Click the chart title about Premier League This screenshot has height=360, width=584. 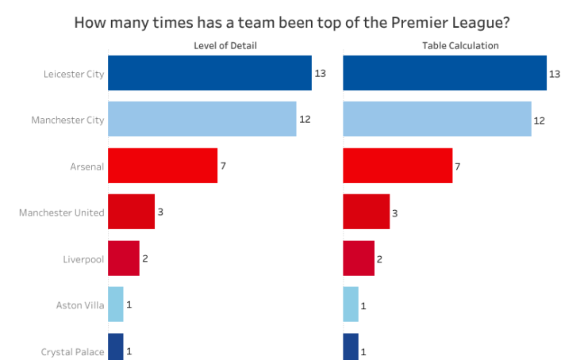(291, 21)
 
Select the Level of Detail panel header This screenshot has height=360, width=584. (225, 46)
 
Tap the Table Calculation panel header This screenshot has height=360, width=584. (460, 46)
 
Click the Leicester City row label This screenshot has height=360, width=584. (74, 74)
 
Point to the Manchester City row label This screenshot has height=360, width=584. (67, 120)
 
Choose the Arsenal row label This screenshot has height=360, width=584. (86, 167)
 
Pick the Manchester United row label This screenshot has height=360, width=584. (61, 213)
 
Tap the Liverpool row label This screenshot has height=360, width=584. (83, 259)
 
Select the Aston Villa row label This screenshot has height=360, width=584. (79, 305)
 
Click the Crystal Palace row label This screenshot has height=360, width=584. (72, 351)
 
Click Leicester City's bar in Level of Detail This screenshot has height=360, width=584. (209, 73)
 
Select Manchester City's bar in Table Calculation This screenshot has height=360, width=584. (437, 119)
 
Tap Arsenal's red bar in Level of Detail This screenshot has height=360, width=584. (163, 166)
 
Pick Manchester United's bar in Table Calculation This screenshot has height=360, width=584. (367, 212)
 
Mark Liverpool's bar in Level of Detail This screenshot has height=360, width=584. (124, 259)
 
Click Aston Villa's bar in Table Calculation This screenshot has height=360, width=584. (351, 304)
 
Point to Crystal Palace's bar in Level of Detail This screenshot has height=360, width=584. (116, 347)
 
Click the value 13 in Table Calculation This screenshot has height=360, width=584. (555, 74)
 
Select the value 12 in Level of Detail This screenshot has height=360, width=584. (305, 120)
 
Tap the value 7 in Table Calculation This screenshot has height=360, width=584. (458, 167)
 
